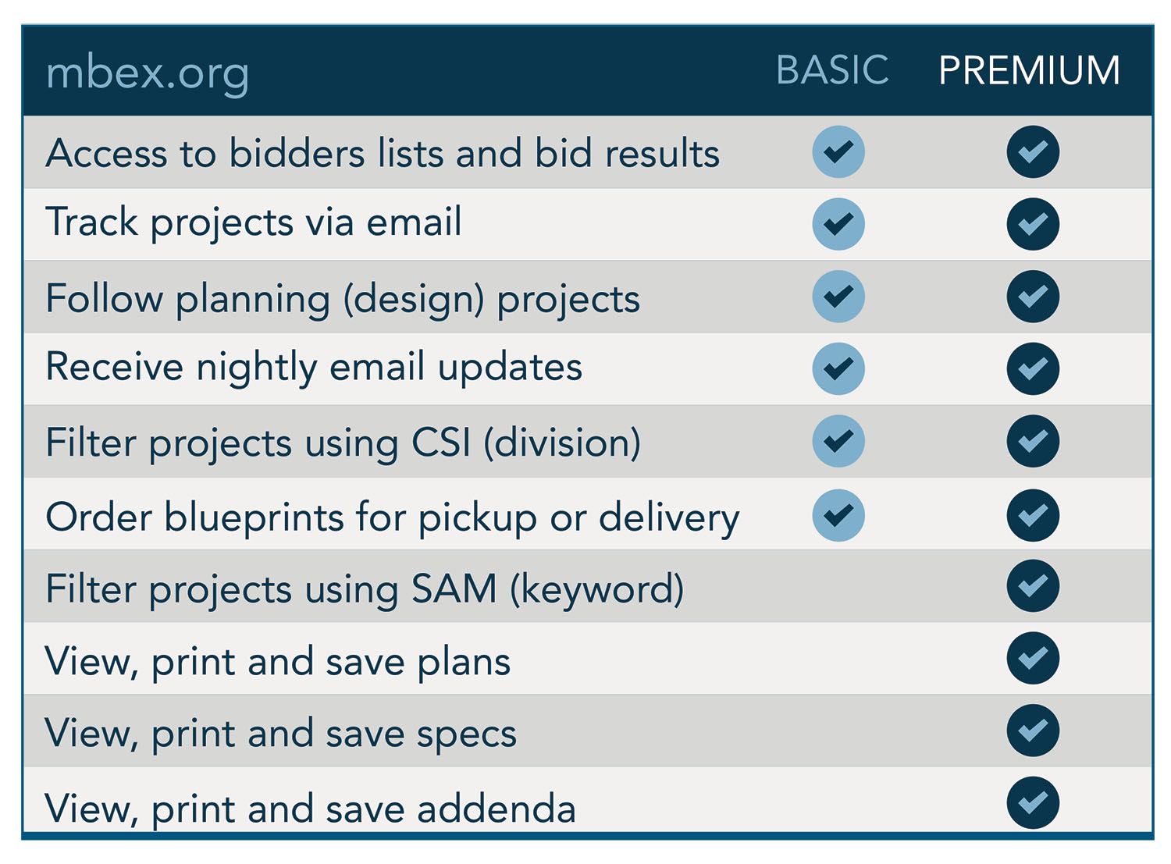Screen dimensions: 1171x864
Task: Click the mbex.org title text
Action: (x=148, y=73)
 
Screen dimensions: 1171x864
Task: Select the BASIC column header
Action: (x=831, y=69)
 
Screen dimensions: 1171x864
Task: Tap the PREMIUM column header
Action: (x=1028, y=69)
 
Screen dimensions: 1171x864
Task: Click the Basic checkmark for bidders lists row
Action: (x=838, y=151)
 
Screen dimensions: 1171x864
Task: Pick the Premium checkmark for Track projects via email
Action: (x=1032, y=224)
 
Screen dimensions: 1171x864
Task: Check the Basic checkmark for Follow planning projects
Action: (x=838, y=296)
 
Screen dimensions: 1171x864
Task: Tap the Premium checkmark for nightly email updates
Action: (x=1032, y=368)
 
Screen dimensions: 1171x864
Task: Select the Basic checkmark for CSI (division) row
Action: (x=838, y=441)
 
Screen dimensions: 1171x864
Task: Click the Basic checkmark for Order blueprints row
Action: (x=838, y=515)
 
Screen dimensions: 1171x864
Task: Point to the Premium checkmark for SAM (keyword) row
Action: (x=1032, y=585)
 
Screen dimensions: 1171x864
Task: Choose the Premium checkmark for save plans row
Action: (x=1032, y=658)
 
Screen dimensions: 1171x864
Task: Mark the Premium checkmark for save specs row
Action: (x=1032, y=730)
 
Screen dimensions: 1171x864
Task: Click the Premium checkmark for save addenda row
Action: (x=1032, y=802)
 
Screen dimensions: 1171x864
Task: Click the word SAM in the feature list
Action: (x=454, y=588)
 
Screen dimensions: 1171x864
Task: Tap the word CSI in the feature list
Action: (x=440, y=442)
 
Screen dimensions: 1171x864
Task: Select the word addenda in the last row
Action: (x=496, y=808)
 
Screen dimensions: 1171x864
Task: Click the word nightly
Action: (x=257, y=368)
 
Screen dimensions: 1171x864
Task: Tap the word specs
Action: (x=466, y=735)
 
